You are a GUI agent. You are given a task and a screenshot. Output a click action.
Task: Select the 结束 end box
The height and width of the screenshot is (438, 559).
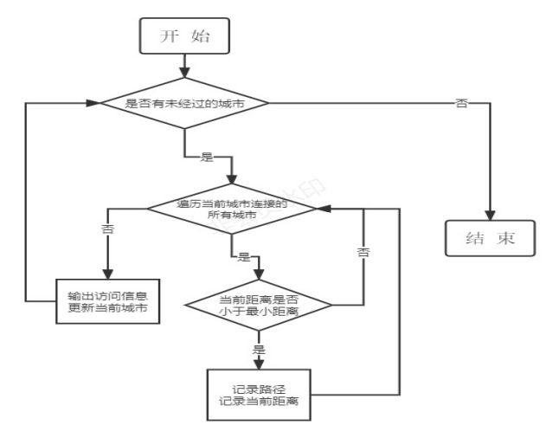(491, 238)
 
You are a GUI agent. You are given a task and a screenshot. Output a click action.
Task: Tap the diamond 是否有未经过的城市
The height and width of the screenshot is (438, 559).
(185, 104)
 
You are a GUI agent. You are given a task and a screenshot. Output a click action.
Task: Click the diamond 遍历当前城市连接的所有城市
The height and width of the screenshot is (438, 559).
(232, 209)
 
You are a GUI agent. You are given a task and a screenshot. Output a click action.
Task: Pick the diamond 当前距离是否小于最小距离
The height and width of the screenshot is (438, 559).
(258, 305)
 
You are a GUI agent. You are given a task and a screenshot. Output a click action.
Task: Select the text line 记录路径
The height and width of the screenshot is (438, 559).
(258, 388)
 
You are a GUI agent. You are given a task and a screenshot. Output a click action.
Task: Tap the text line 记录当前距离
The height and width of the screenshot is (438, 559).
(258, 402)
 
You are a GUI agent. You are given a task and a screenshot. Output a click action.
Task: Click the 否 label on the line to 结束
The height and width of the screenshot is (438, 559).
(461, 104)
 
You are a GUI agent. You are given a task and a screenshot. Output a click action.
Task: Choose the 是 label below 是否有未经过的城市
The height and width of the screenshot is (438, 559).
(207, 158)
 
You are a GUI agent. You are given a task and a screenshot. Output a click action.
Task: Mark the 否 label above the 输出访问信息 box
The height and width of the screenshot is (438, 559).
(108, 230)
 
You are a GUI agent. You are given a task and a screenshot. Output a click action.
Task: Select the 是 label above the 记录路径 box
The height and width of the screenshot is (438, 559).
(258, 349)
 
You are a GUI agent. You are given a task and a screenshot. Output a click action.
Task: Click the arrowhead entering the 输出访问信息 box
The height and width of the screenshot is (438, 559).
(108, 273)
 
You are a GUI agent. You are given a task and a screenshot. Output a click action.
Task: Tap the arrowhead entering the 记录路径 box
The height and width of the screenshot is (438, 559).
(258, 364)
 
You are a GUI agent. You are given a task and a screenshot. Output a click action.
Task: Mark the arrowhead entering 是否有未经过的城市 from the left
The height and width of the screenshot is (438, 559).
(93, 104)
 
